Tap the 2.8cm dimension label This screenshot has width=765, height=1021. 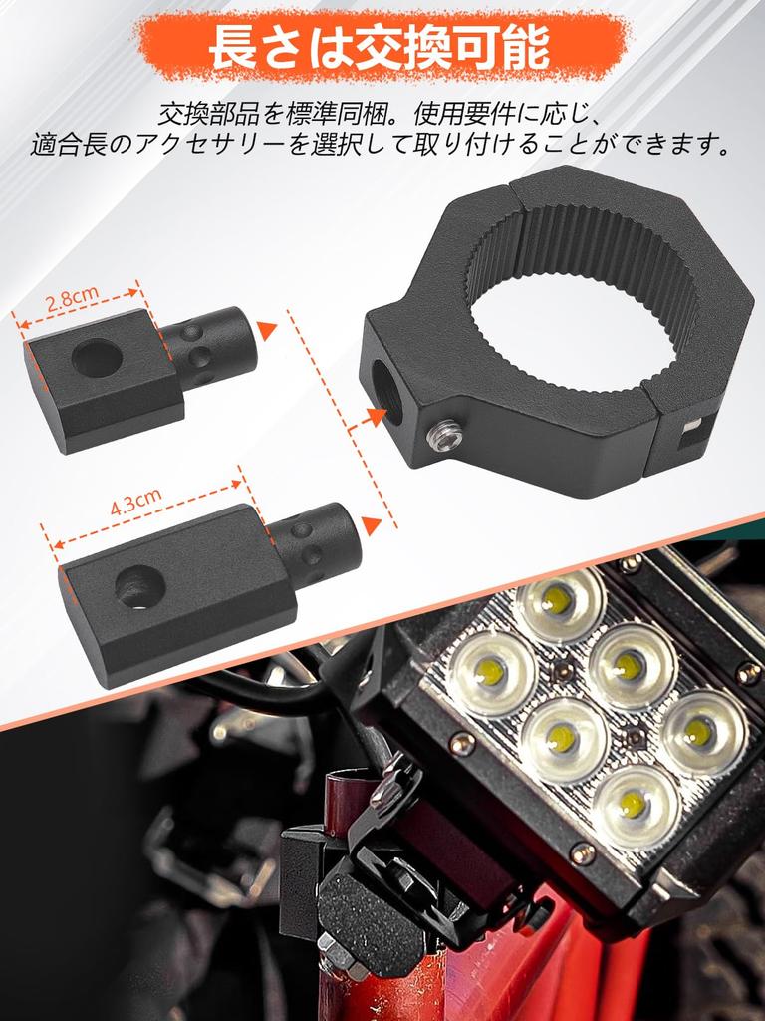tap(73, 297)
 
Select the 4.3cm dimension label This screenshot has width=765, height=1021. tap(136, 504)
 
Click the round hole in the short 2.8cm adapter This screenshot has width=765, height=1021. tap(97, 357)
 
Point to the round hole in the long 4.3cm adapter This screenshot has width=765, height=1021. tap(140, 586)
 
